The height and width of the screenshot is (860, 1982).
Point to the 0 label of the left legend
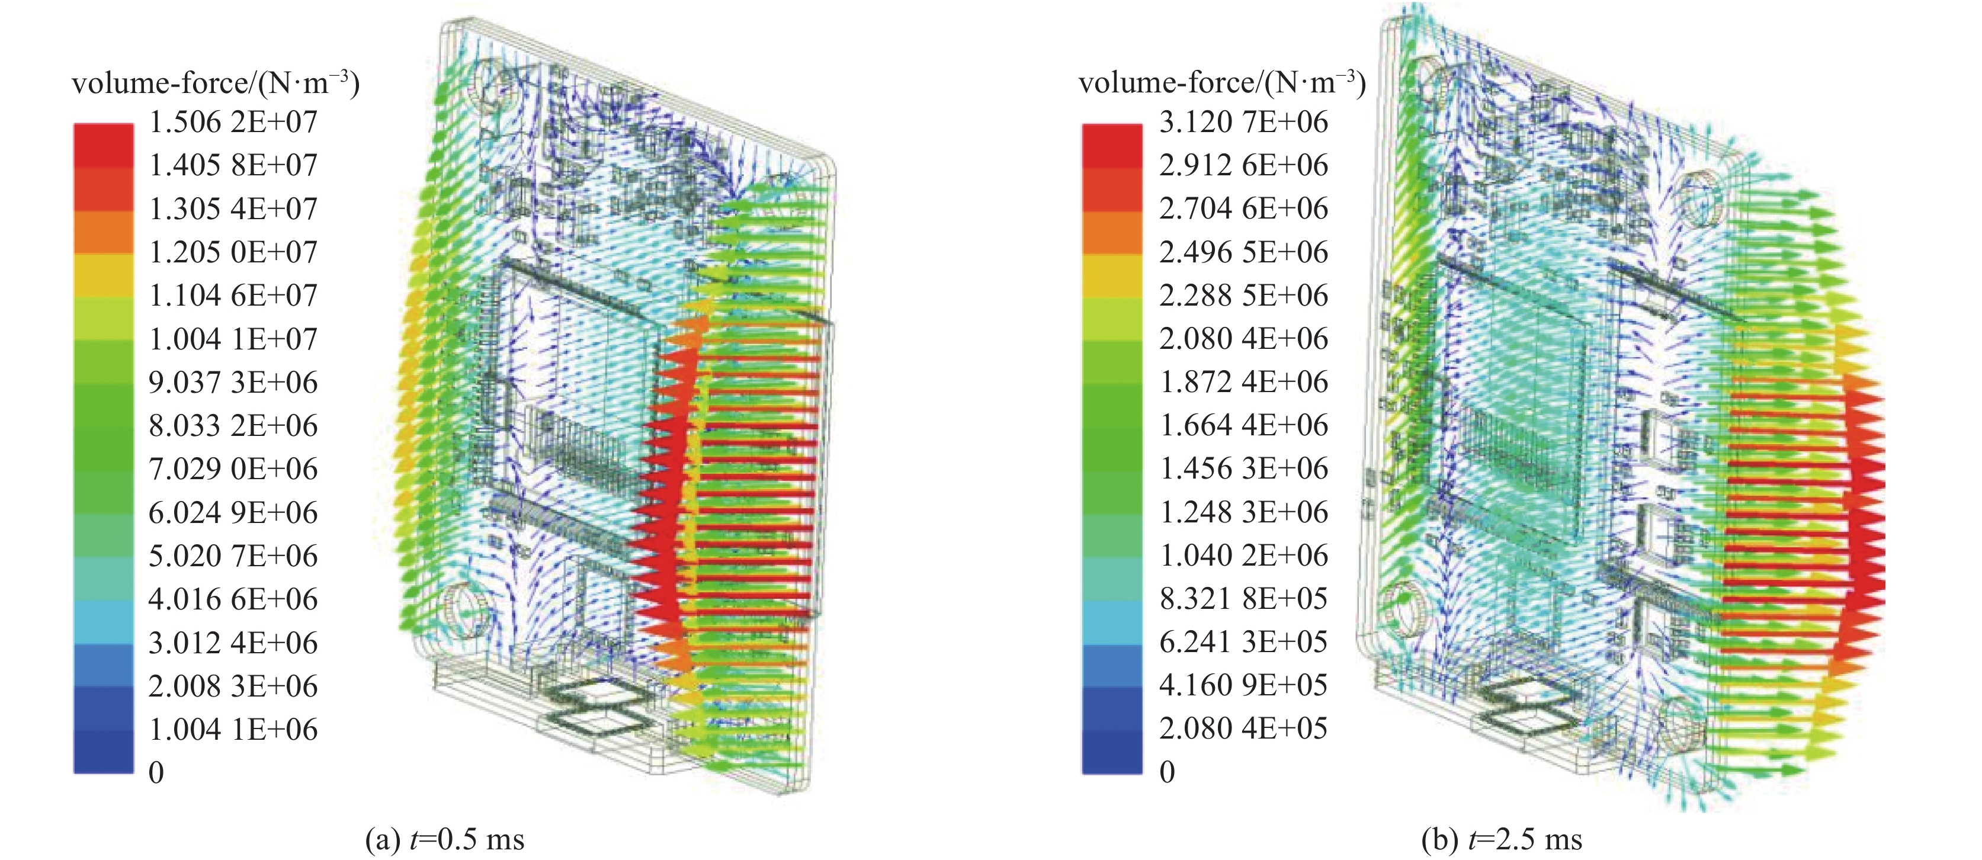pyautogui.click(x=156, y=772)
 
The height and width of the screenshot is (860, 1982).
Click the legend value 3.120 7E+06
pyautogui.click(x=1244, y=121)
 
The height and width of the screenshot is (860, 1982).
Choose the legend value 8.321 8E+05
pyautogui.click(x=1244, y=598)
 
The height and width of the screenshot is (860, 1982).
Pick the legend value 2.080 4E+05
pyautogui.click(x=1244, y=729)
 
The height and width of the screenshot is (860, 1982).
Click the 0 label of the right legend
pyautogui.click(x=1167, y=772)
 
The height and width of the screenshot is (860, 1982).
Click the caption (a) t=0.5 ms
pyautogui.click(x=445, y=839)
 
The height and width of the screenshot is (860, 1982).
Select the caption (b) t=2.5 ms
pyautogui.click(x=1502, y=839)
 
